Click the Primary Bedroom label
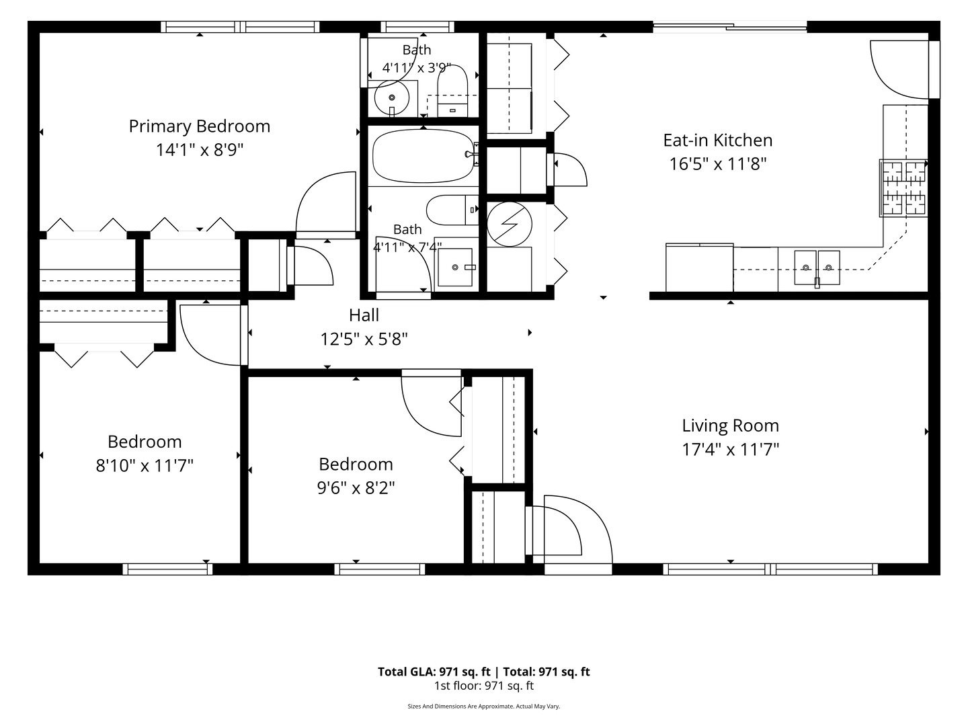coord(200,126)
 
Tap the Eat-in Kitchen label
coord(718,140)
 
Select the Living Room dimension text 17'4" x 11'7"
coord(730,450)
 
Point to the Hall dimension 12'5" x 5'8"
coord(364,339)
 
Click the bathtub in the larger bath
coord(424,155)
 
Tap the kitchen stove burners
coord(903,188)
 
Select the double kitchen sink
coord(817,268)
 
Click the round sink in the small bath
coord(392,97)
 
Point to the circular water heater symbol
coord(510,224)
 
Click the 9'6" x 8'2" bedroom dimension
coord(356,488)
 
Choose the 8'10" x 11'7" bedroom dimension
coord(145,465)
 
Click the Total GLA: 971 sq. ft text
coord(434,672)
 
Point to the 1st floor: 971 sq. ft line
coord(484,686)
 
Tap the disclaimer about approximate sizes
coord(484,707)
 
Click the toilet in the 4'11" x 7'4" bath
coord(452,210)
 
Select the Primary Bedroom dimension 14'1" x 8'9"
coord(200,151)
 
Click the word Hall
coord(364,316)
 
